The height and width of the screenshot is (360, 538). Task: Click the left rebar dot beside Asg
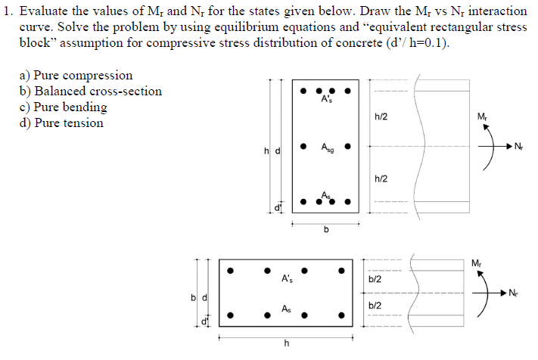303,146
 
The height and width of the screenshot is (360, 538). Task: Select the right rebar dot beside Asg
347,146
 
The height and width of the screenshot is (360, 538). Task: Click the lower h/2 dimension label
381,178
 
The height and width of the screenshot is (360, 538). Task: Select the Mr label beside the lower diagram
475,263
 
